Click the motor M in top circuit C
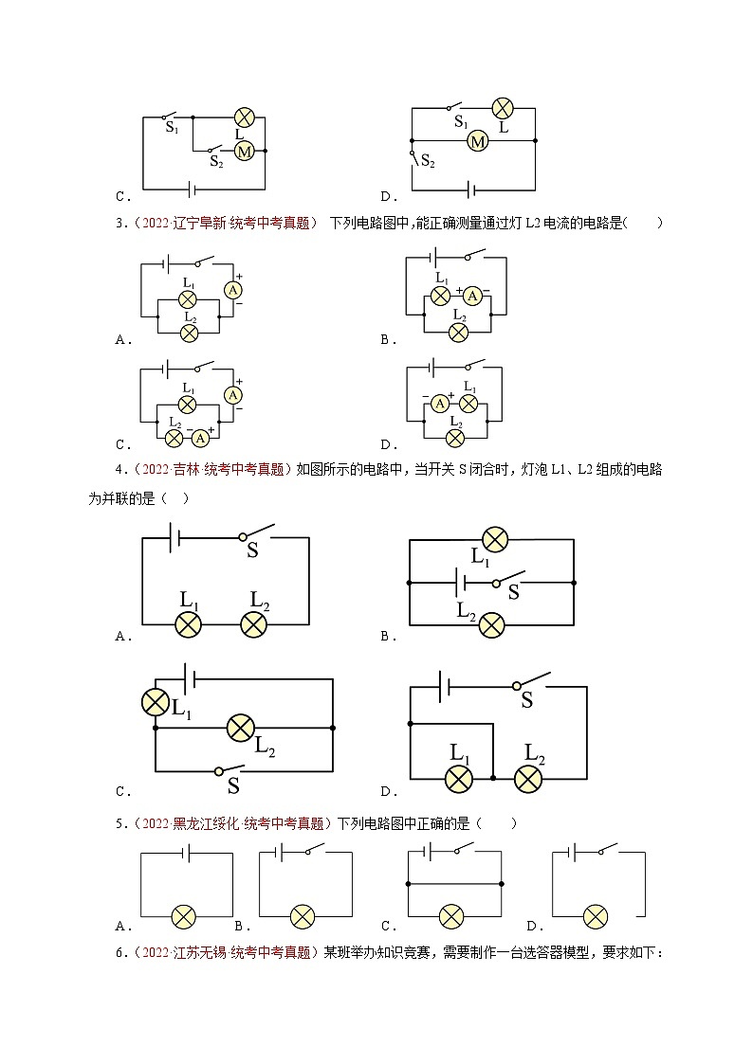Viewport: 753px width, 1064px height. pyautogui.click(x=244, y=151)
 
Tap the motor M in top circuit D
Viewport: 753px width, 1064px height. pyautogui.click(x=478, y=141)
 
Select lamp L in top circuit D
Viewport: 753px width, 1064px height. pyautogui.click(x=503, y=107)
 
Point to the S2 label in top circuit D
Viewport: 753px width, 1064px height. pyautogui.click(x=428, y=162)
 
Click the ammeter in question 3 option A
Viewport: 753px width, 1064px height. pyautogui.click(x=230, y=290)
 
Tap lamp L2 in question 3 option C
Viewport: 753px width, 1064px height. pyautogui.click(x=174, y=438)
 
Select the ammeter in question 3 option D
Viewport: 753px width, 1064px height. pyautogui.click(x=440, y=404)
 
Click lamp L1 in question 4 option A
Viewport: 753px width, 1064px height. pyautogui.click(x=189, y=624)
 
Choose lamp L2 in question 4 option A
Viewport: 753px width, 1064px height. pyautogui.click(x=255, y=624)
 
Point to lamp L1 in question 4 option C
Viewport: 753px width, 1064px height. pyautogui.click(x=155, y=702)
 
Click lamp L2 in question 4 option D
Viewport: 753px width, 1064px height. pyautogui.click(x=528, y=778)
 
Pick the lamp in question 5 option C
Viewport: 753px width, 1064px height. pyautogui.click(x=451, y=917)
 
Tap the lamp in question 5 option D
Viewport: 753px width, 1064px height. pyautogui.click(x=595, y=917)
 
